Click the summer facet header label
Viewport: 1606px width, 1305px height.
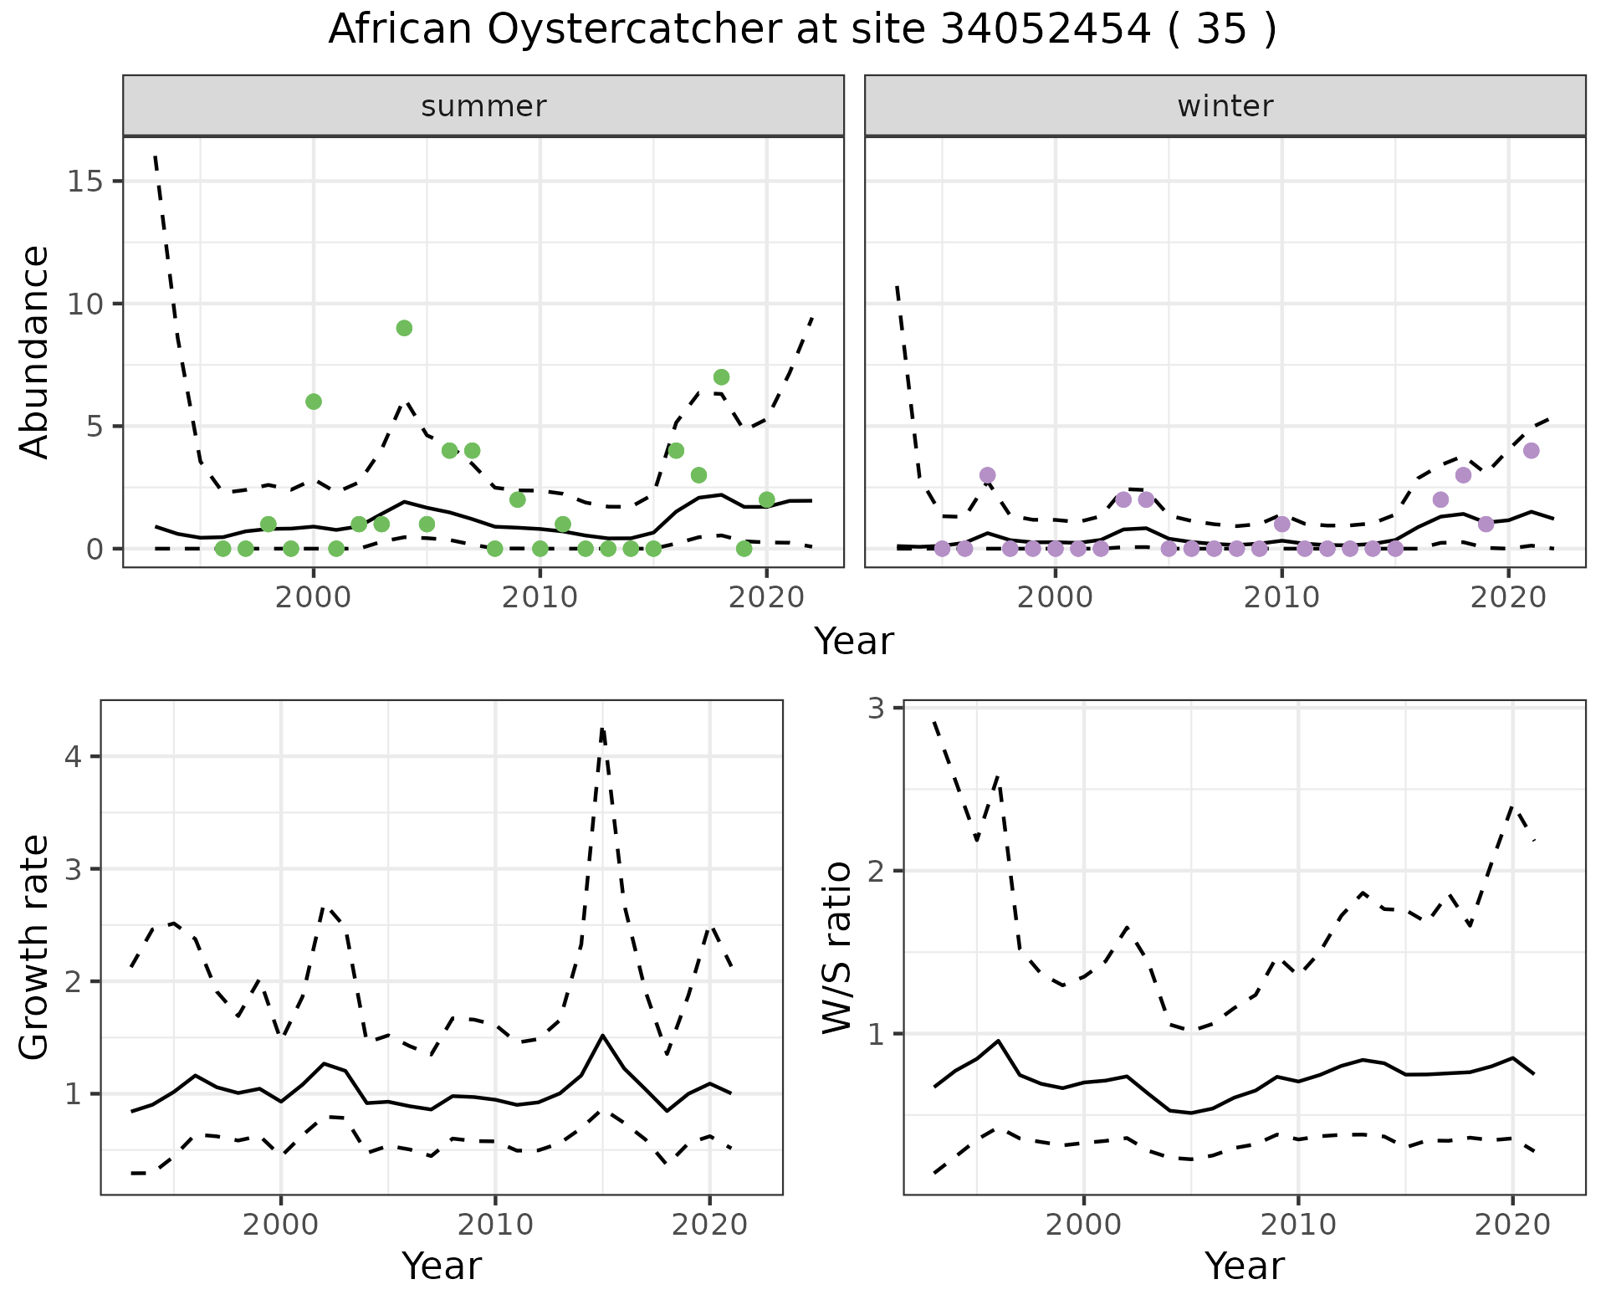(x=483, y=106)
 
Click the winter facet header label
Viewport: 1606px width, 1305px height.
(x=1225, y=106)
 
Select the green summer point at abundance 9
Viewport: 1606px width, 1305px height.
(x=404, y=328)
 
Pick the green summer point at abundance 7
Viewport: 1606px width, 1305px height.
(x=721, y=377)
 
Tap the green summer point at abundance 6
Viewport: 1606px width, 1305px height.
(x=314, y=402)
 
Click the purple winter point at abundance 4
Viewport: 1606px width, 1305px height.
(x=1531, y=451)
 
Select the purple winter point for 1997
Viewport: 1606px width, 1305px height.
(x=987, y=475)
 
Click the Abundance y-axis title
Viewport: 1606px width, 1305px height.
(x=35, y=352)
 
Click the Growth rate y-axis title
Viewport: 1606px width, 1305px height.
(x=35, y=948)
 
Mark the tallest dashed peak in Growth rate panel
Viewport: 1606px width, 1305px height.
(x=602, y=729)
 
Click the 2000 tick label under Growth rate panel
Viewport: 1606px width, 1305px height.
(x=281, y=1225)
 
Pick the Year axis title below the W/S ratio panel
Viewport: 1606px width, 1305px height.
(x=1245, y=1266)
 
